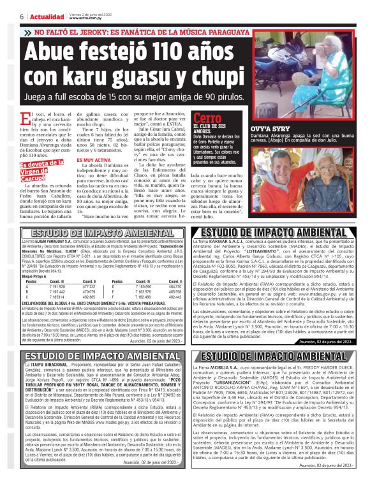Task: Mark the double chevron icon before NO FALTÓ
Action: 28,31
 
